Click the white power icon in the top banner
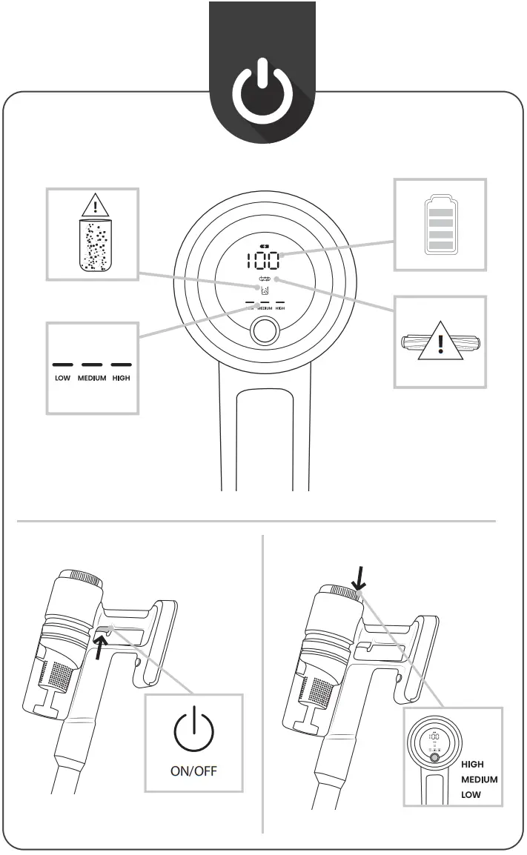pyautogui.click(x=262, y=93)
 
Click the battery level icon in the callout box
pyautogui.click(x=440, y=224)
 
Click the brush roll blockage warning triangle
pyautogui.click(x=440, y=345)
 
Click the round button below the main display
pyautogui.click(x=263, y=331)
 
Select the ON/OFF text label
pyautogui.click(x=194, y=770)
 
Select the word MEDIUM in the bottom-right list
pyautogui.click(x=480, y=780)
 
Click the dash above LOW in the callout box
pyautogui.click(x=62, y=365)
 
